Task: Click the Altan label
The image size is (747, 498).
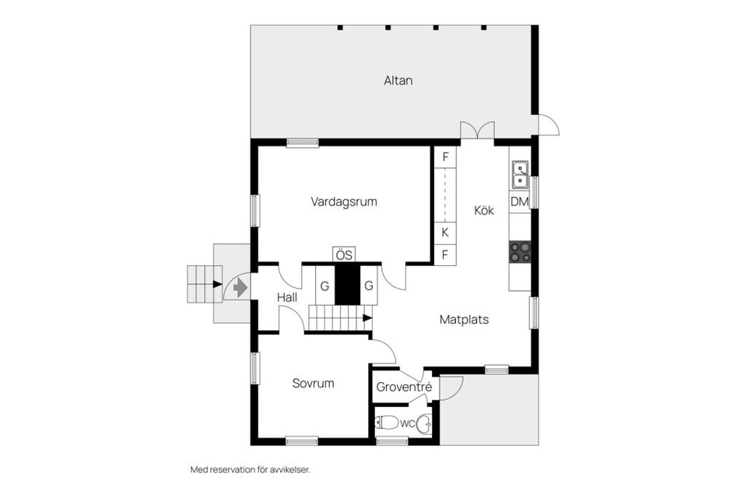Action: (x=398, y=80)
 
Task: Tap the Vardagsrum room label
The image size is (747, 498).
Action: (x=344, y=202)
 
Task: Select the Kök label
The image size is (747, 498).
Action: (x=484, y=210)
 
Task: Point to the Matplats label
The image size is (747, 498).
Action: (x=464, y=319)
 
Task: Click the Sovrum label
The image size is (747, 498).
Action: (x=313, y=383)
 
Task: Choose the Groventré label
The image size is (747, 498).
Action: (x=404, y=387)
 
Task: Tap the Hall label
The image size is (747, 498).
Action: (x=287, y=296)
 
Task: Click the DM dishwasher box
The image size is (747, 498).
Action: (x=519, y=202)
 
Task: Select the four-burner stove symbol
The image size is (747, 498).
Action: (x=519, y=251)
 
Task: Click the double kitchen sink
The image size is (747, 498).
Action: (x=519, y=175)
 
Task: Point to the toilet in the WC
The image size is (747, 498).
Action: (x=387, y=423)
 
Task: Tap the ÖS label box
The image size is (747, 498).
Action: (x=344, y=254)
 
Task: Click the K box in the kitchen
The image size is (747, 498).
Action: (x=445, y=232)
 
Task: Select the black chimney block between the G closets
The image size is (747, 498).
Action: (x=347, y=284)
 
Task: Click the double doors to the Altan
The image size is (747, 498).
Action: (x=477, y=132)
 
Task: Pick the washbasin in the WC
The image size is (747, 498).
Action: (x=423, y=424)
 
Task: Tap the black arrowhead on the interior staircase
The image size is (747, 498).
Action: (x=367, y=317)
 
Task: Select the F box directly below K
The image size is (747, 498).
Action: (x=445, y=254)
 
